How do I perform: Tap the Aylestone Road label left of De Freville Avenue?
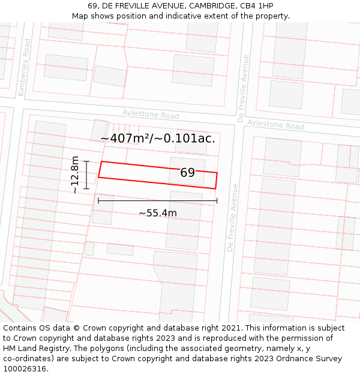click(x=151, y=114)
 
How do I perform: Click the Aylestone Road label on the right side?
click(x=275, y=124)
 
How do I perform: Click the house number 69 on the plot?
click(x=187, y=173)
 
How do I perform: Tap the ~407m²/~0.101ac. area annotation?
click(x=158, y=139)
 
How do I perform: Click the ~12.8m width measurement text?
click(x=74, y=175)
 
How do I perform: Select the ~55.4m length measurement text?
click(x=158, y=213)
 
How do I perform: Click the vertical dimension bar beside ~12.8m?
click(x=86, y=175)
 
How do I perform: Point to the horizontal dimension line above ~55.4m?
click(x=157, y=200)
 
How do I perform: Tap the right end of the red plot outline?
click(x=216, y=181)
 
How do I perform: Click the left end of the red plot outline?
click(x=100, y=169)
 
